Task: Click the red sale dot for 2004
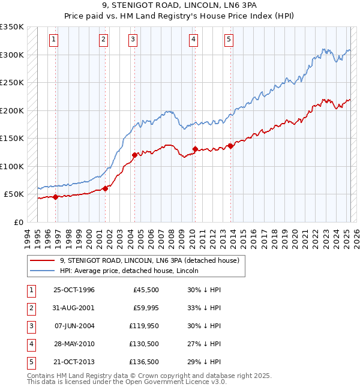tap(134, 155)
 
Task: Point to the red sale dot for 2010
tap(195, 149)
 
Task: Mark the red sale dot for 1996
tap(56, 197)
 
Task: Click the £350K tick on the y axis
tap(12, 27)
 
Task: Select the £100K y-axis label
tap(12, 166)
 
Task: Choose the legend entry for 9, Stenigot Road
tap(149, 260)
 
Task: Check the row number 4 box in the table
tap(29, 344)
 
